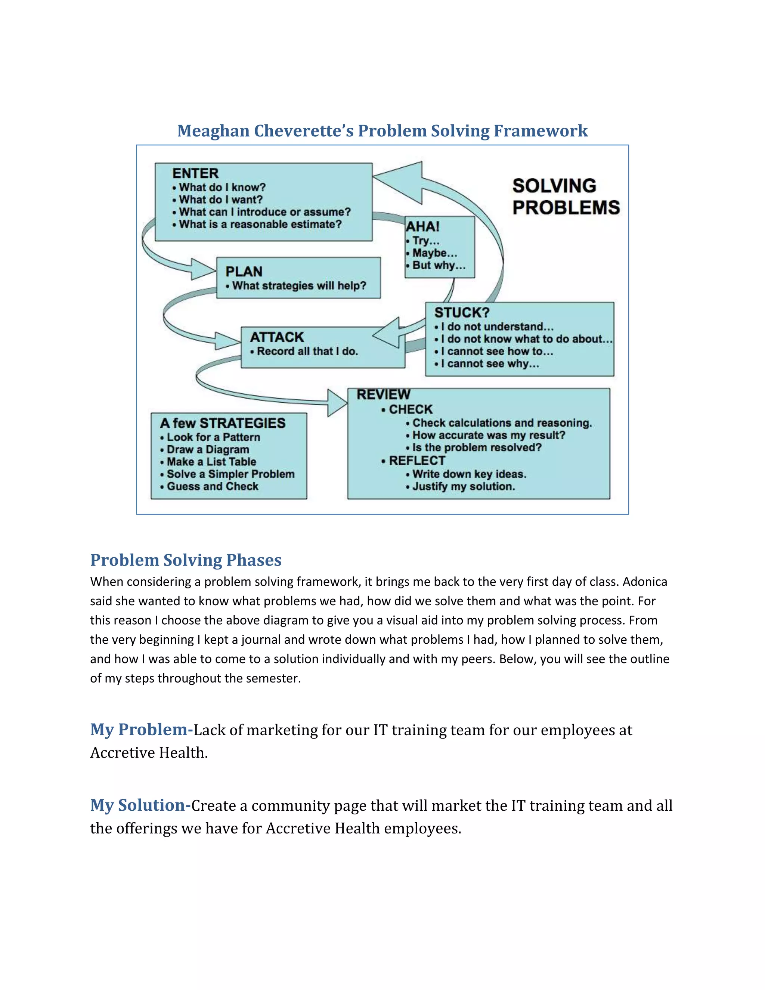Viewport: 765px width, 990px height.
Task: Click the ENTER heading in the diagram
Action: pos(195,173)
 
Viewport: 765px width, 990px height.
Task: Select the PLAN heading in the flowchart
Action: pos(244,272)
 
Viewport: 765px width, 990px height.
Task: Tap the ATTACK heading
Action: pos(277,337)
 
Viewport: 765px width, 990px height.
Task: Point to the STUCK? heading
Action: pos(462,313)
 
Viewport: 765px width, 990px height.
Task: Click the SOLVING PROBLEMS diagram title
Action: pos(566,197)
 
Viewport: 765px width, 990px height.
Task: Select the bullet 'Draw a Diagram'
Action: pos(208,450)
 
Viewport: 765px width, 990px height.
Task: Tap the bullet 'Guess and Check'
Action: pos(213,486)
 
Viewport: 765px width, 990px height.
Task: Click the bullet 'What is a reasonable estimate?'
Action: pos(260,225)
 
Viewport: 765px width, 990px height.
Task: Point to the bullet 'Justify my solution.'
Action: pos(464,486)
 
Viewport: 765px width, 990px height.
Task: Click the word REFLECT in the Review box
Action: pos(417,461)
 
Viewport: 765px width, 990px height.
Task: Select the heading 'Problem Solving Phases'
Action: pos(186,560)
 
